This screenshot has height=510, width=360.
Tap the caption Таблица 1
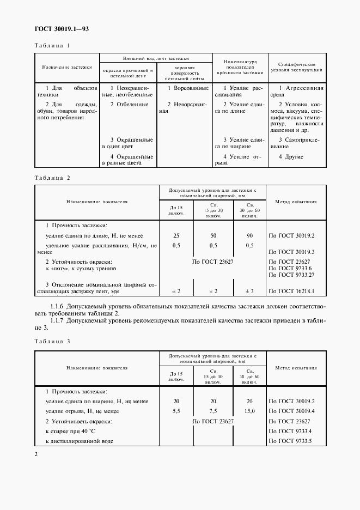pos(53,46)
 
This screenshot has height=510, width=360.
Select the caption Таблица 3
pos(53,341)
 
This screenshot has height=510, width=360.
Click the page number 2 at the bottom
pos(35,454)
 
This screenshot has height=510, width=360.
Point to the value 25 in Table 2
pos(176,235)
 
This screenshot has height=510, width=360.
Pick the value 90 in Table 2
pos(249,235)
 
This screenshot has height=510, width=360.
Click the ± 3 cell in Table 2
pos(249,292)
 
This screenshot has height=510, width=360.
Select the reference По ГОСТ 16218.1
pos(292,292)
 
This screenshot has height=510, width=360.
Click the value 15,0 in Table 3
pos(249,411)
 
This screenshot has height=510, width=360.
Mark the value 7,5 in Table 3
pos(213,411)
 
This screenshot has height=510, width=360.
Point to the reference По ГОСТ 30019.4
pos(292,411)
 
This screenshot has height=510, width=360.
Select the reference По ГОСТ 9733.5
pos(292,441)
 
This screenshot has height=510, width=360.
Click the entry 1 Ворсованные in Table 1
pos(187,88)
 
